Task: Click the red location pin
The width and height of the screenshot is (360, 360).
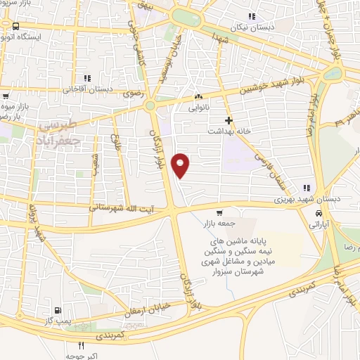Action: pyautogui.click(x=181, y=165)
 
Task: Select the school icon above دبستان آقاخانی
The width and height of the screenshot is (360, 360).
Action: pyautogui.click(x=87, y=78)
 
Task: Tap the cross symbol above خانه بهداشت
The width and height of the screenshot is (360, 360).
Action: pyautogui.click(x=229, y=121)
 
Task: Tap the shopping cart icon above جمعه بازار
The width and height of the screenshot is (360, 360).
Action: pyautogui.click(x=219, y=213)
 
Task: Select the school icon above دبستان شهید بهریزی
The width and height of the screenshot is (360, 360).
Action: pyautogui.click(x=306, y=188)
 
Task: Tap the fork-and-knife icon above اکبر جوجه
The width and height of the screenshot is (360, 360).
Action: pyautogui.click(x=82, y=345)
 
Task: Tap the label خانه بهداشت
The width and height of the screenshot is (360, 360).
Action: pyautogui.click(x=229, y=131)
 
